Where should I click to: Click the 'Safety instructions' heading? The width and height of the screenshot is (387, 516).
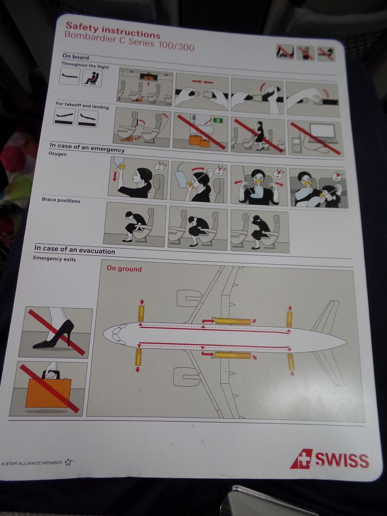point(113,30)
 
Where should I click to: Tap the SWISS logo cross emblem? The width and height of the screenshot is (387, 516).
point(301,458)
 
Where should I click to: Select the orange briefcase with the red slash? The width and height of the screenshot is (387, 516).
point(48,390)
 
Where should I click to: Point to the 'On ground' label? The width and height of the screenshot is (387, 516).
point(124,269)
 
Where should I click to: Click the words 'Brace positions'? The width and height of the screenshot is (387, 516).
point(61,200)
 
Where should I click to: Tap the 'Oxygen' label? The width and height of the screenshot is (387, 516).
point(58,154)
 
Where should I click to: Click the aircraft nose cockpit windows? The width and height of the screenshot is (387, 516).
point(118,334)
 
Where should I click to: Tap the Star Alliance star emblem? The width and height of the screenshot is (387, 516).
point(68,462)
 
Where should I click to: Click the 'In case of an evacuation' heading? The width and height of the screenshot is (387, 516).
point(75,249)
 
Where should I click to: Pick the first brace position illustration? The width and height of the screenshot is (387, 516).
point(135,224)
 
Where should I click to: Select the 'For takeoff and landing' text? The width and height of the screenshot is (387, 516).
point(82,105)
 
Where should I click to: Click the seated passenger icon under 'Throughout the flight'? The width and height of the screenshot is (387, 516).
point(92,78)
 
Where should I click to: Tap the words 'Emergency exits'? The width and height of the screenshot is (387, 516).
point(54,258)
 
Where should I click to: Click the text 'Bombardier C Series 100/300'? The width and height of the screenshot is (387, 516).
point(129,41)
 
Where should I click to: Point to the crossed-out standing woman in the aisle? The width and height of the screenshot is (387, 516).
point(260,135)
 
